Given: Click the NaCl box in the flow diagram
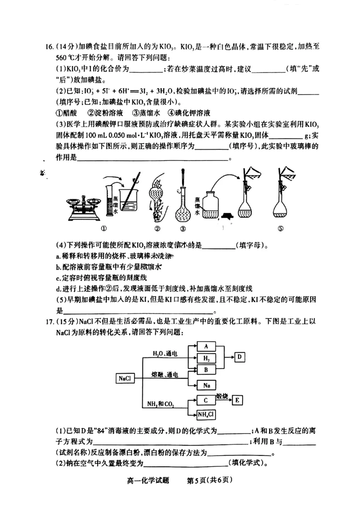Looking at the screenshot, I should pyautogui.click(x=125, y=379).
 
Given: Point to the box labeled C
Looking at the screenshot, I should pyautogui.click(x=206, y=400).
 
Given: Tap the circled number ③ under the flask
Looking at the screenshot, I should pyautogui.click(x=183, y=228).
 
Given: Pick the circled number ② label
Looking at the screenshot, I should pyautogui.click(x=157, y=228).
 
